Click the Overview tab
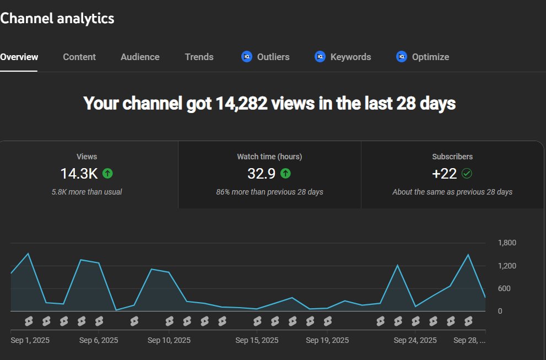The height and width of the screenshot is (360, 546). pos(19,57)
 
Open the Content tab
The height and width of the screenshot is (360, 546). pos(79,57)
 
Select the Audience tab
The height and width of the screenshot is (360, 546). pos(140,57)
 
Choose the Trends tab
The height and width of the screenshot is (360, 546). pos(199,57)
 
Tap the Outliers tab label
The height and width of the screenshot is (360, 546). pos(273,57)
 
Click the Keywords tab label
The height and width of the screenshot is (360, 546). pos(350,57)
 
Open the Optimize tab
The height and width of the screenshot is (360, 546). pos(430,57)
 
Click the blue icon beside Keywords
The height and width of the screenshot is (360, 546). pos(320,57)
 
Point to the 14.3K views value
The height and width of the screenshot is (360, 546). pos(79,174)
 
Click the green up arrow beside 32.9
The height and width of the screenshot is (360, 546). pos(285,174)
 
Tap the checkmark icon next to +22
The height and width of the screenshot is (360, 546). pos(467,174)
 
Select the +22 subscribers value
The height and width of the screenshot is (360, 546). pos(445,174)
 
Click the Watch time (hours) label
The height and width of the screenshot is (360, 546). pos(269,157)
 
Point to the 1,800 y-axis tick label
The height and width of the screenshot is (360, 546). pos(507,243)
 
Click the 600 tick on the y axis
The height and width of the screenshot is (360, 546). pos(504,288)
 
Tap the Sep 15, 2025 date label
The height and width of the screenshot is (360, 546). pos(257,340)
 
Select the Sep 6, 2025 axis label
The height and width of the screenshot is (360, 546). pos(99,340)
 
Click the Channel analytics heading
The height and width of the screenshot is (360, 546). pos(57,18)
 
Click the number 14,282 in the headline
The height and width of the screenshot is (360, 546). pos(241,103)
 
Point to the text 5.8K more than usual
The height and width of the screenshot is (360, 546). pos(87,192)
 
